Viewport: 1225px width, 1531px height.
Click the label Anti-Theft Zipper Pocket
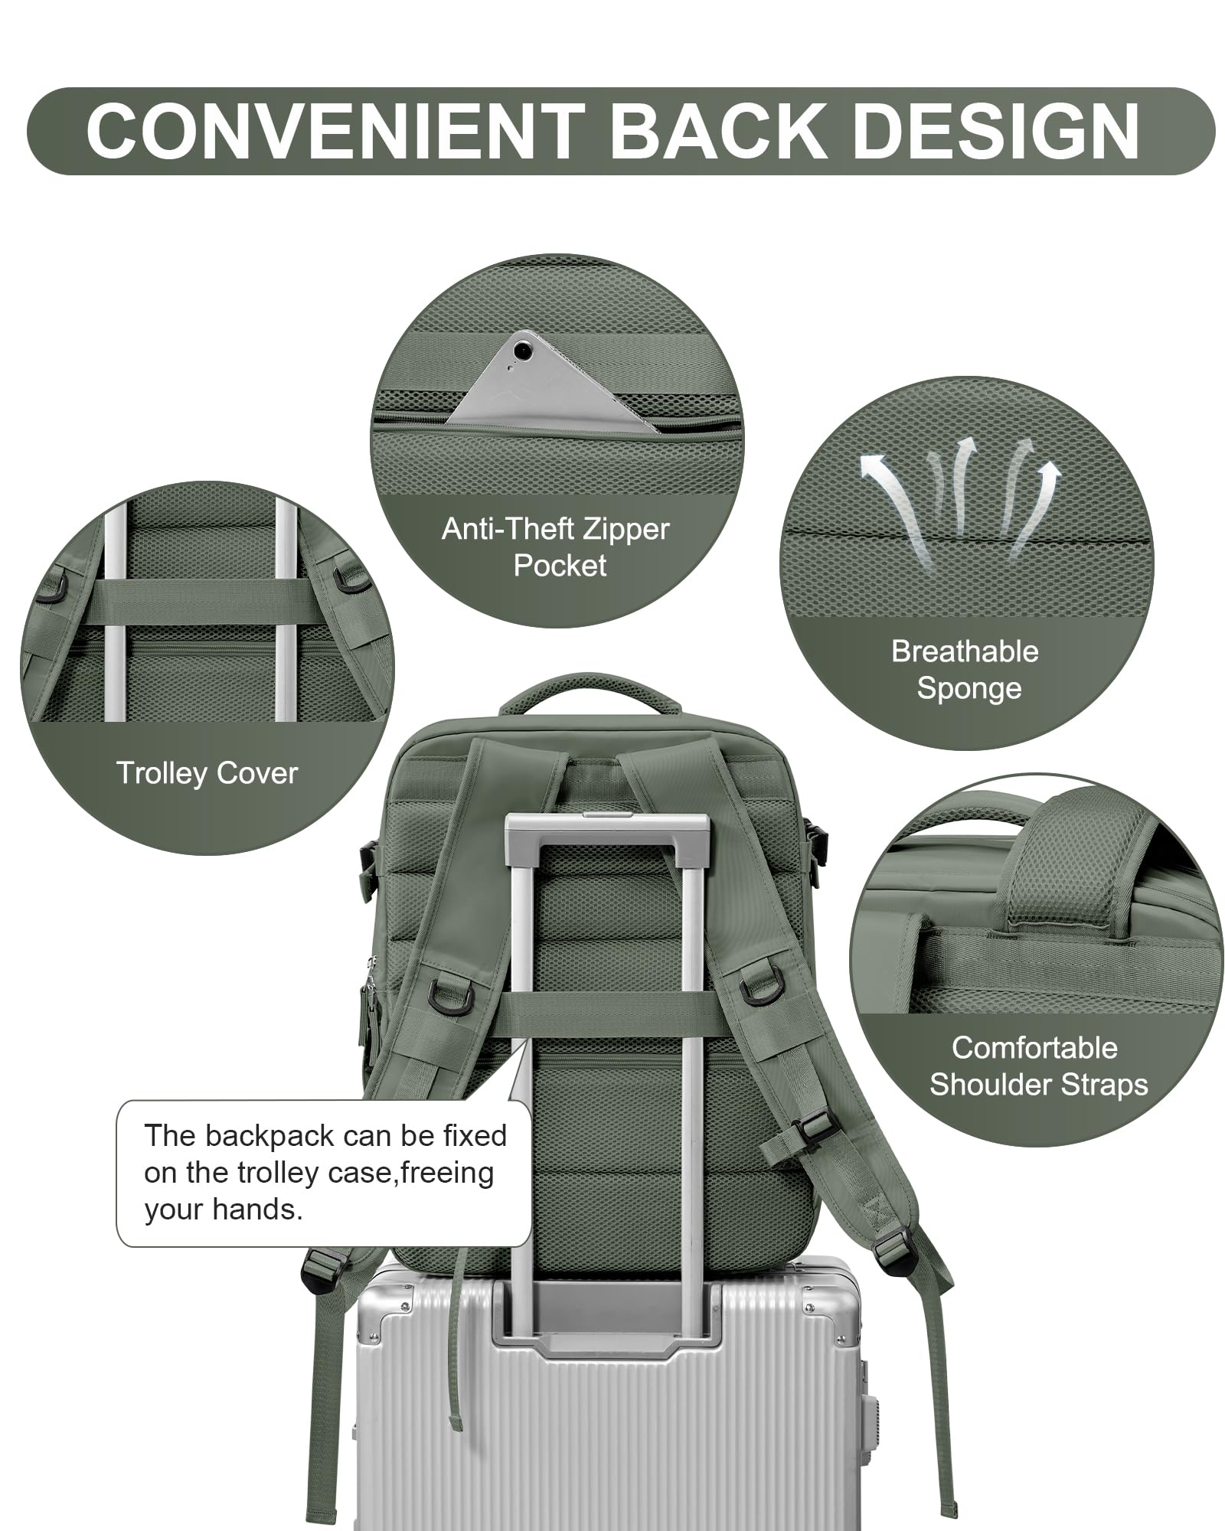(557, 547)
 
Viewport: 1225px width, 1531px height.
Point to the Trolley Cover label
(207, 773)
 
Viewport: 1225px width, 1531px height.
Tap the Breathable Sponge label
(965, 669)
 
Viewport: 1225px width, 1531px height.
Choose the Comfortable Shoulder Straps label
(1037, 1066)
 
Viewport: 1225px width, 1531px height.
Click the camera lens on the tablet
(523, 351)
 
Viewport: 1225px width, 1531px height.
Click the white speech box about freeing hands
(323, 1173)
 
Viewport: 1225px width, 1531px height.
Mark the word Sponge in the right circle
(969, 688)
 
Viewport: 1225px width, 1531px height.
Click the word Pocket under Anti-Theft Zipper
(560, 566)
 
